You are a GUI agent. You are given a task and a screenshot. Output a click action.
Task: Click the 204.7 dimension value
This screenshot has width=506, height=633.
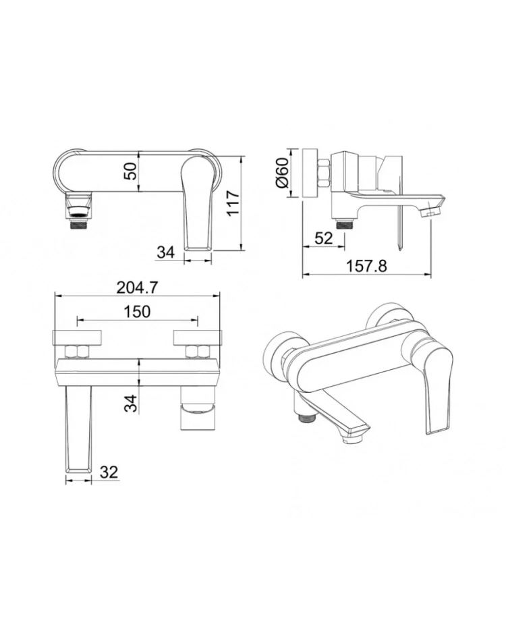(x=137, y=287)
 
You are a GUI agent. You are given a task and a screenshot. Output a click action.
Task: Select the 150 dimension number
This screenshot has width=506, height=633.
(x=137, y=311)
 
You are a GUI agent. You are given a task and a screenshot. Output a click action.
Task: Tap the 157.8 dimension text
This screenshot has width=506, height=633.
(x=366, y=266)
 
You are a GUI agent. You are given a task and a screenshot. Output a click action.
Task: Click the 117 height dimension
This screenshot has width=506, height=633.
(x=233, y=204)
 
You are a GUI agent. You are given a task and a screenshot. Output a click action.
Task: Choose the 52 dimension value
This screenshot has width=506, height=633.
(x=324, y=238)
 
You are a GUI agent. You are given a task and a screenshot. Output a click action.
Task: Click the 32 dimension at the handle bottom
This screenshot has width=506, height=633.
(x=109, y=472)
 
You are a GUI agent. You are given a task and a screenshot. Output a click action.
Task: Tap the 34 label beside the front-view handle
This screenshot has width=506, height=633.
(x=166, y=252)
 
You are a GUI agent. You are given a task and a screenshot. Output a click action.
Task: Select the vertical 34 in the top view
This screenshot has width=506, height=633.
(x=130, y=404)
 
